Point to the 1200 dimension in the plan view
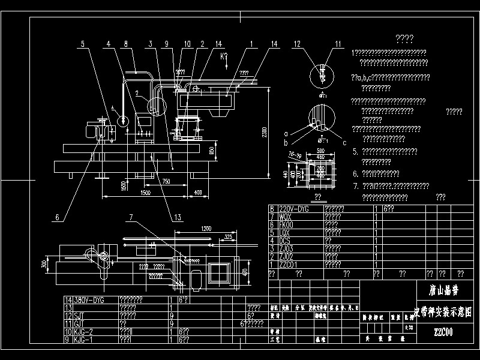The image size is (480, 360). [206, 229]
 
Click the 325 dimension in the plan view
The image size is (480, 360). [228, 237]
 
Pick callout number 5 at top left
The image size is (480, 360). [83, 44]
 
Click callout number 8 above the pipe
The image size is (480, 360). [125, 44]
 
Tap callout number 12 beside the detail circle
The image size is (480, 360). [297, 44]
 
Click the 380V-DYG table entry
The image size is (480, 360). [89, 299]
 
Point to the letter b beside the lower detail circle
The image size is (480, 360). [286, 143]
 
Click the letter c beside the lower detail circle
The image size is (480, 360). [345, 143]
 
